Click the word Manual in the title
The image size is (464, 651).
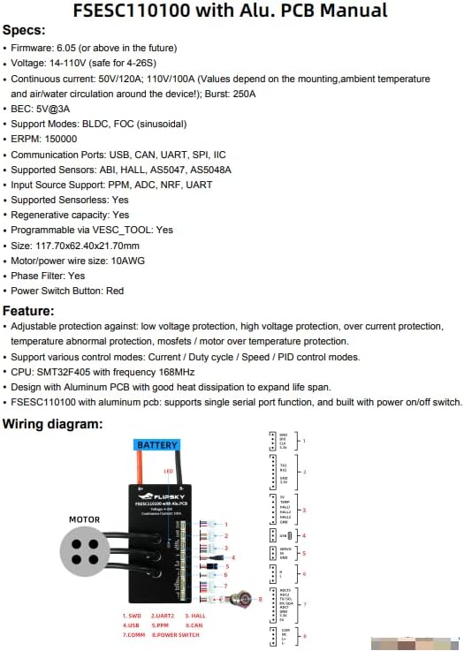click(354, 11)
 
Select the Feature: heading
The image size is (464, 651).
click(28, 311)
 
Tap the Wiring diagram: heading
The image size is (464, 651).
click(53, 424)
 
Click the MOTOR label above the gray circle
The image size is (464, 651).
click(85, 519)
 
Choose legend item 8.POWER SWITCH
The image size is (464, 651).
click(178, 633)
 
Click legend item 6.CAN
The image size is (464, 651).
click(192, 625)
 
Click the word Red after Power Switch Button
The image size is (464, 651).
click(115, 291)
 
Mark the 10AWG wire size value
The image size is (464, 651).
click(128, 260)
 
